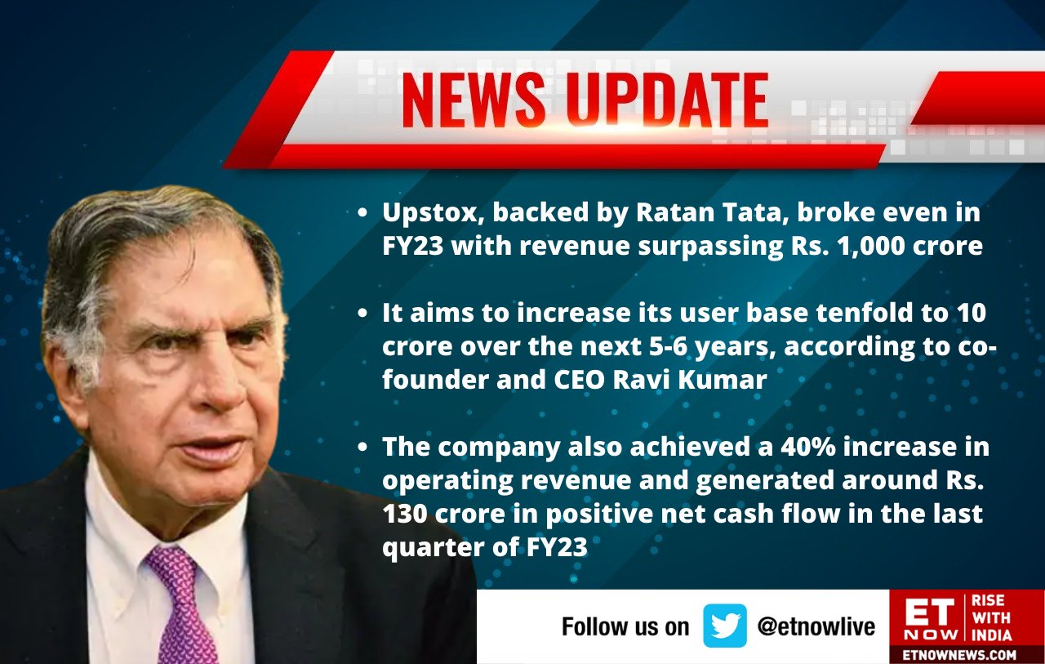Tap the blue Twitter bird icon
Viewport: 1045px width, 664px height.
coord(725,626)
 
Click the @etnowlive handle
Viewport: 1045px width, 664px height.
coord(816,626)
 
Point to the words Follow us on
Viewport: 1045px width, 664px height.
coord(625,626)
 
